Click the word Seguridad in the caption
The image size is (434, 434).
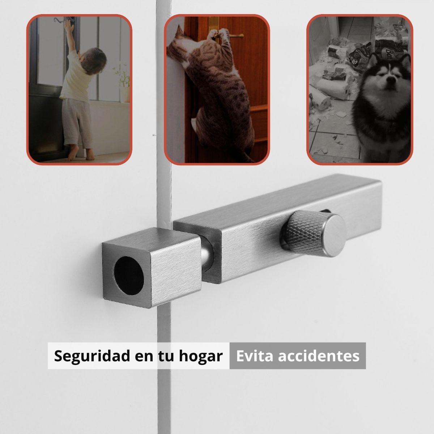(x=92, y=356)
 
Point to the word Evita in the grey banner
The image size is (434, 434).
(x=255, y=356)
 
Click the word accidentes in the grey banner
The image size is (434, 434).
(x=319, y=356)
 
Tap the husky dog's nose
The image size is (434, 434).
(x=390, y=88)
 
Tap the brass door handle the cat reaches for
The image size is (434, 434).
(x=235, y=36)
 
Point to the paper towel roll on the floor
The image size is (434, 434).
(x=320, y=98)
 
